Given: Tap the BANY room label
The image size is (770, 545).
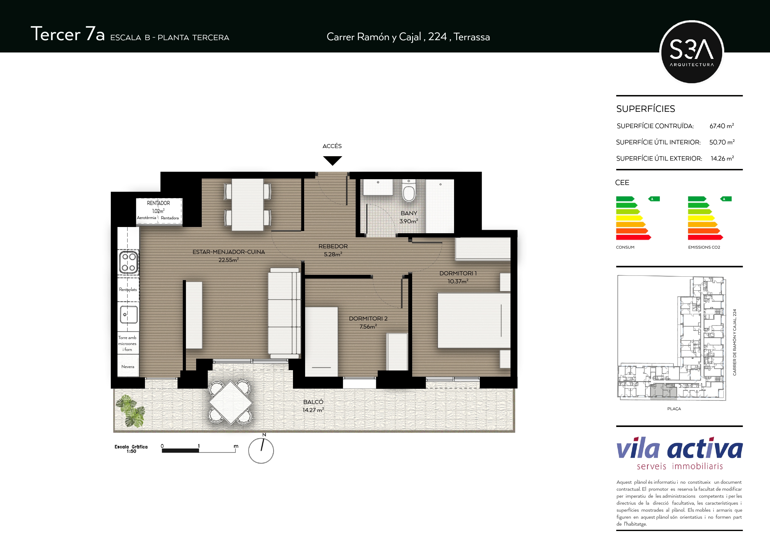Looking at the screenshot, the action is (409, 213).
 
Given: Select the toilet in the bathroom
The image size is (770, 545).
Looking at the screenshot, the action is (409, 191).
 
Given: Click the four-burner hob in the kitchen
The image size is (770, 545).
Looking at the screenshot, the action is (129, 262).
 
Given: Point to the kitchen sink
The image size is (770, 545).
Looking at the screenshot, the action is (129, 315).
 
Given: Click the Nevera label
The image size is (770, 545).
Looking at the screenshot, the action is (128, 366).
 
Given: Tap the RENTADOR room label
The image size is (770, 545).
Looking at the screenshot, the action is (158, 203).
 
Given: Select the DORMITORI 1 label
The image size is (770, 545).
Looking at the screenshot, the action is (458, 273).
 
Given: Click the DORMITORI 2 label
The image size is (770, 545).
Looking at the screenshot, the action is (368, 319).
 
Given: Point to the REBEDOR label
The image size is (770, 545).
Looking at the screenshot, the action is (333, 246).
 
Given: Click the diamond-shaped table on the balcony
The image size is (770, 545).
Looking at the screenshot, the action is (230, 402).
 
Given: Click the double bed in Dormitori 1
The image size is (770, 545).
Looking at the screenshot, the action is (474, 320).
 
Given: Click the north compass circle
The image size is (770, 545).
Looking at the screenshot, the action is (261, 451).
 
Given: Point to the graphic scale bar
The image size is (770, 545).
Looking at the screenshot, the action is (199, 450).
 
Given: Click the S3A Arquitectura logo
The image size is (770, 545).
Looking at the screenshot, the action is (691, 52).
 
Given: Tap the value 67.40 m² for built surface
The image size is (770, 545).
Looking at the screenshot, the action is (722, 126).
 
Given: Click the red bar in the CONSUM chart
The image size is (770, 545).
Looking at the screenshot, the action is (633, 237).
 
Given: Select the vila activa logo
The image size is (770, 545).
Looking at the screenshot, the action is (679, 453).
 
